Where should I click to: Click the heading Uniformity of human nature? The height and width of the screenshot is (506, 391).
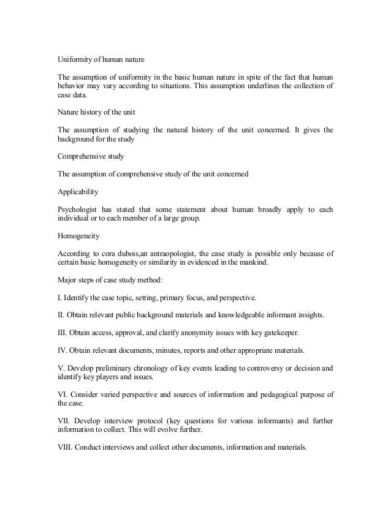[101, 59]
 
